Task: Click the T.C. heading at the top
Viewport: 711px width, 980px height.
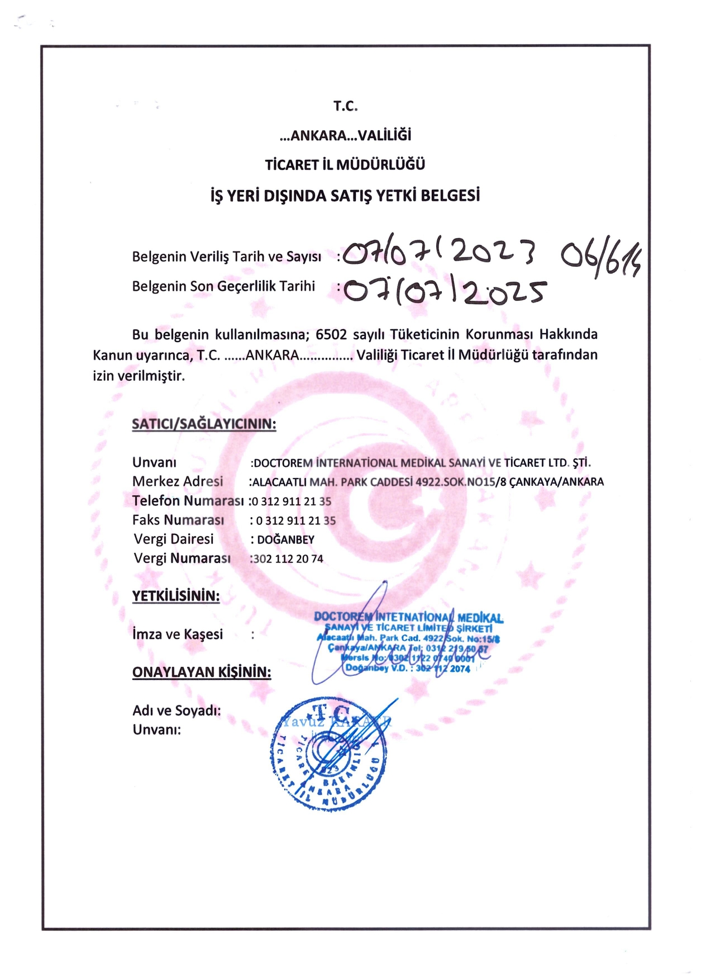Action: pos(345,106)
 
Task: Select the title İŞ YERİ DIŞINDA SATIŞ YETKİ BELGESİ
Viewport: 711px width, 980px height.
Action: pos(345,196)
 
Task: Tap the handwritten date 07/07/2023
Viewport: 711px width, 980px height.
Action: pos(439,255)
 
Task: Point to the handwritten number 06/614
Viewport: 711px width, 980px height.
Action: pos(601,258)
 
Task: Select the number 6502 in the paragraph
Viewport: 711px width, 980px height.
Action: pos(331,334)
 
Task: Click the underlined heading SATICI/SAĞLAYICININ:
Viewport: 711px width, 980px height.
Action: pos(204,424)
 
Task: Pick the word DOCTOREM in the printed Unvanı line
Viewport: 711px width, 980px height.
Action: pos(283,463)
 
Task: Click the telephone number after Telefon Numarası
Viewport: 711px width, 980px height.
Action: pos(292,501)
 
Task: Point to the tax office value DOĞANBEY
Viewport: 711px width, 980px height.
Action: pos(285,540)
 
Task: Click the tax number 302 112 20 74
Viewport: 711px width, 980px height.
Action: pos(288,559)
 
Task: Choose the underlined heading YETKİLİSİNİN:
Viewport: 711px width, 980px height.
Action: pos(176,596)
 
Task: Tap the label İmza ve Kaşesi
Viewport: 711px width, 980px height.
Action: pos(178,635)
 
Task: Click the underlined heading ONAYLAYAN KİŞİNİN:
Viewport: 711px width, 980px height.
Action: pos(202,672)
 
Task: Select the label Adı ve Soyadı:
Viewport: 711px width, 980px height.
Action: pos(176,711)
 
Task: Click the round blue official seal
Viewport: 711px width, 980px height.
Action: pos(330,755)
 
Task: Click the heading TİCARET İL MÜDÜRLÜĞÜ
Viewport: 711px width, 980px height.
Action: pos(345,165)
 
